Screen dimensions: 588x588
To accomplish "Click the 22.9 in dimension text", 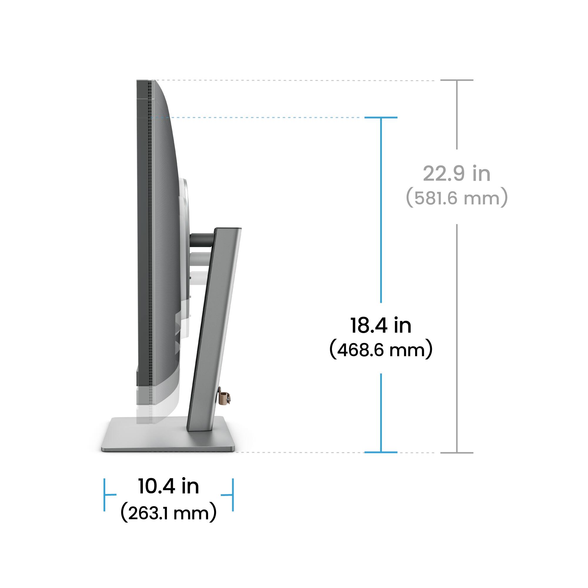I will pos(457,174).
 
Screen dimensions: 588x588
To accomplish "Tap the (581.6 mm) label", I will pos(457,198).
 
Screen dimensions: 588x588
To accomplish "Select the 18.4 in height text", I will pos(381,325).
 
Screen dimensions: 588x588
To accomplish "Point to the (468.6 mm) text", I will pos(381,350).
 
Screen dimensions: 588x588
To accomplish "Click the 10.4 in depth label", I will pos(168,486).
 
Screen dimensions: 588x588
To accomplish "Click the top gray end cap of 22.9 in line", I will pos(457,80).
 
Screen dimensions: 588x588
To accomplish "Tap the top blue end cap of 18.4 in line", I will pos(381,118).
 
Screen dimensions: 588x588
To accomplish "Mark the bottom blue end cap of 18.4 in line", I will pos(381,452).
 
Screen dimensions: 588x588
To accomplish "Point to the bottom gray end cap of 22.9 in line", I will pos(457,452).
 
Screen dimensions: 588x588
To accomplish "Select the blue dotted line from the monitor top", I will pos(259,118).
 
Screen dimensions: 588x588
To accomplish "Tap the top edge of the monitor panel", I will pos(146,81).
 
